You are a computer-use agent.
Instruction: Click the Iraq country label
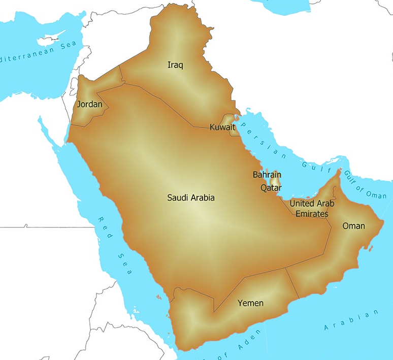coord(175,65)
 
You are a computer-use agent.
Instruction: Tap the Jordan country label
coord(89,105)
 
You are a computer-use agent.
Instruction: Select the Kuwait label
coord(222,127)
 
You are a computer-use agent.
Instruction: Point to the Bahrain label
coord(267,175)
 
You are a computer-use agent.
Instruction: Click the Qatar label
coord(271,188)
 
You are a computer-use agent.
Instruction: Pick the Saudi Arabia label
coord(191,198)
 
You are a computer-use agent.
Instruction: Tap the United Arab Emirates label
coord(312,209)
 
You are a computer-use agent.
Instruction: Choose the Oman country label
coord(353,226)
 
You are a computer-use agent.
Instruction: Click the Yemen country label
coord(251,303)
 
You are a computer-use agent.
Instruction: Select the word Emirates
coord(312,214)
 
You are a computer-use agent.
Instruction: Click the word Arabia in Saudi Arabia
coord(203,198)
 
